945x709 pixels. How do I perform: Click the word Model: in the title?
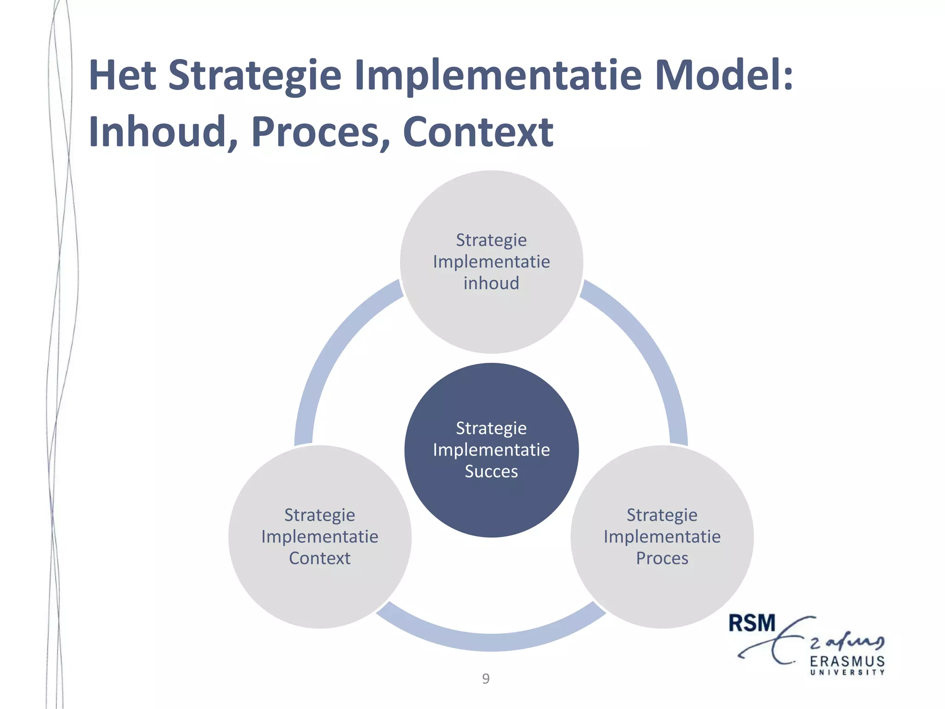(x=724, y=75)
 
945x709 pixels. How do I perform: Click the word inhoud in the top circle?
(x=491, y=283)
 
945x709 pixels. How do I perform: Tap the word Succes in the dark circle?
(x=491, y=471)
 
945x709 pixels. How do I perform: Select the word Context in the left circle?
(x=320, y=558)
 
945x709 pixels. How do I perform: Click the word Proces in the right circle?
(x=662, y=558)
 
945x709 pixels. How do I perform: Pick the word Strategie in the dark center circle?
(x=491, y=428)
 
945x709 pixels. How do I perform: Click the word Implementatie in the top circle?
(x=491, y=262)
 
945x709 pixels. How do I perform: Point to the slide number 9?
(x=486, y=679)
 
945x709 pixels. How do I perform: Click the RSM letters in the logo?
(x=752, y=623)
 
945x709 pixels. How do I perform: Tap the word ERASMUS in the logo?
(x=847, y=661)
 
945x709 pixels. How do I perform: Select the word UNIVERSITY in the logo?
(x=847, y=673)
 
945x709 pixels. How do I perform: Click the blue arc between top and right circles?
(x=646, y=342)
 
